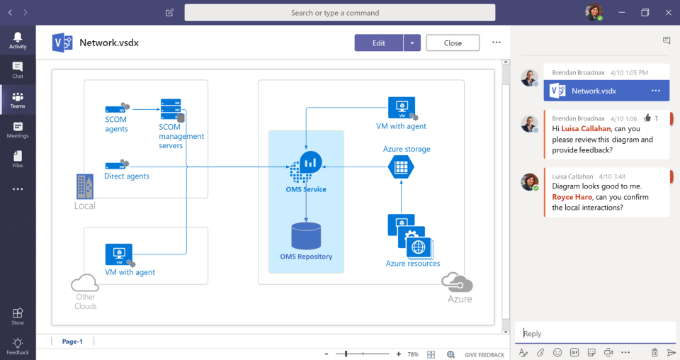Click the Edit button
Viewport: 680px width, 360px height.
(379, 43)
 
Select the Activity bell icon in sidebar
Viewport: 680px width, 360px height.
(18, 38)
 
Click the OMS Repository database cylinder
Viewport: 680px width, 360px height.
(306, 236)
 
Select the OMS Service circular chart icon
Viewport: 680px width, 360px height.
(310, 162)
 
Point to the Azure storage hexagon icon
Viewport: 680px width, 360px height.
(401, 167)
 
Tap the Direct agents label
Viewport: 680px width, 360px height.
(127, 176)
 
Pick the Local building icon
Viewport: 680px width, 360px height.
(84, 186)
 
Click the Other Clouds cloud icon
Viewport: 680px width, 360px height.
(84, 283)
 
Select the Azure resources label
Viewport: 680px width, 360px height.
(413, 264)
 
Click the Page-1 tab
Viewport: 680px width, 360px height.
(72, 342)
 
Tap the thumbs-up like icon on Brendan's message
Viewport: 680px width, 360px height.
(647, 118)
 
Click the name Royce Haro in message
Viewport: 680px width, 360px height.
(572, 197)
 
